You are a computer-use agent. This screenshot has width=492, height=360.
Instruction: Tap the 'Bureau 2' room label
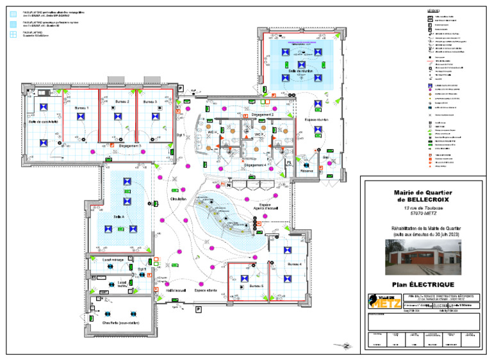pyautogui.click(x=122, y=102)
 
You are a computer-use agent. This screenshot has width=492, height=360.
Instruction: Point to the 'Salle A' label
pyautogui.click(x=119, y=217)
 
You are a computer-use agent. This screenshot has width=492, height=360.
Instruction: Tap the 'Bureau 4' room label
pyautogui.click(x=295, y=264)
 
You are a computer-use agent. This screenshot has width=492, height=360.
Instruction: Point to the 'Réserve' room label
pyautogui.click(x=307, y=171)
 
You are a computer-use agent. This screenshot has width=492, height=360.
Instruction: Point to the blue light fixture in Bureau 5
pyautogui.click(x=244, y=277)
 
